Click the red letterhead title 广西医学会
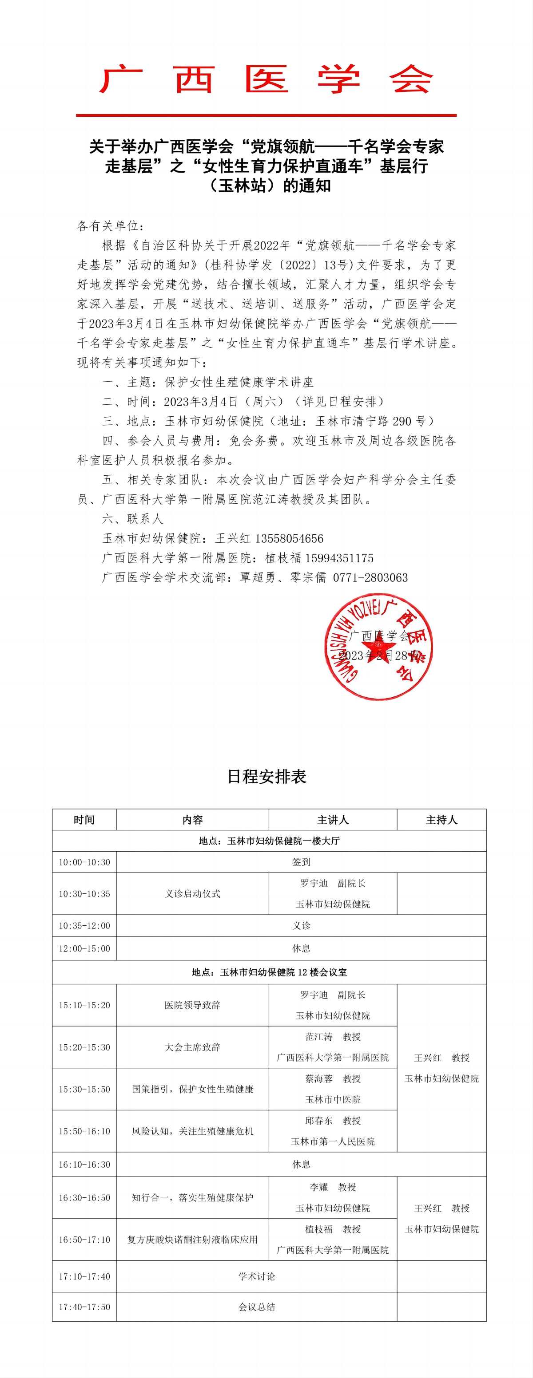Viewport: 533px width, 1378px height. tap(266, 79)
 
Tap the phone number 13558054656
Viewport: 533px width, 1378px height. tap(289, 538)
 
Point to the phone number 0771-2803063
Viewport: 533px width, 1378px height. tap(370, 578)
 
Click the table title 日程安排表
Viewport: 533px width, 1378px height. tap(266, 776)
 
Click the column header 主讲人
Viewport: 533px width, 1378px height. tap(332, 820)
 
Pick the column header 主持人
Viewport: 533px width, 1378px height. tap(442, 820)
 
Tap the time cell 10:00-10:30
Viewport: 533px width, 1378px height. tap(84, 862)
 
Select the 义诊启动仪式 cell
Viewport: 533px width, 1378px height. tap(193, 893)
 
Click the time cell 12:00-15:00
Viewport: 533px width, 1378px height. tap(84, 948)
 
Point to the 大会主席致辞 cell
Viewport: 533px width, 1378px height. tap(193, 1047)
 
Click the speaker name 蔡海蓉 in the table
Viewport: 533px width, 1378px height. tap(319, 1078)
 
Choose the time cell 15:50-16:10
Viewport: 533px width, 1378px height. tap(84, 1131)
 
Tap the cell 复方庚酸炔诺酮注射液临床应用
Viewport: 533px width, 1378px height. tap(193, 1240)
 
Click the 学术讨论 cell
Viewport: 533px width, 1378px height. tap(257, 1276)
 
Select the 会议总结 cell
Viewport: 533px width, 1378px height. tap(257, 1307)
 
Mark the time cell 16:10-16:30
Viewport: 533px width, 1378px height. tap(84, 1164)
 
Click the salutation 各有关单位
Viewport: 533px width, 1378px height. tap(110, 226)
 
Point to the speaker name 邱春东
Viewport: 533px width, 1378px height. tap(319, 1120)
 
